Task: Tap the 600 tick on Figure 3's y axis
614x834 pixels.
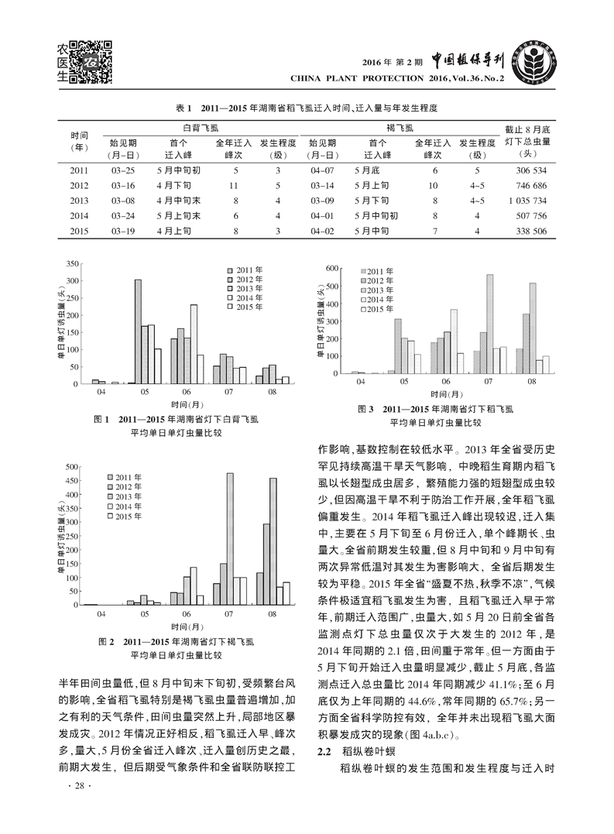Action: [331, 269]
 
